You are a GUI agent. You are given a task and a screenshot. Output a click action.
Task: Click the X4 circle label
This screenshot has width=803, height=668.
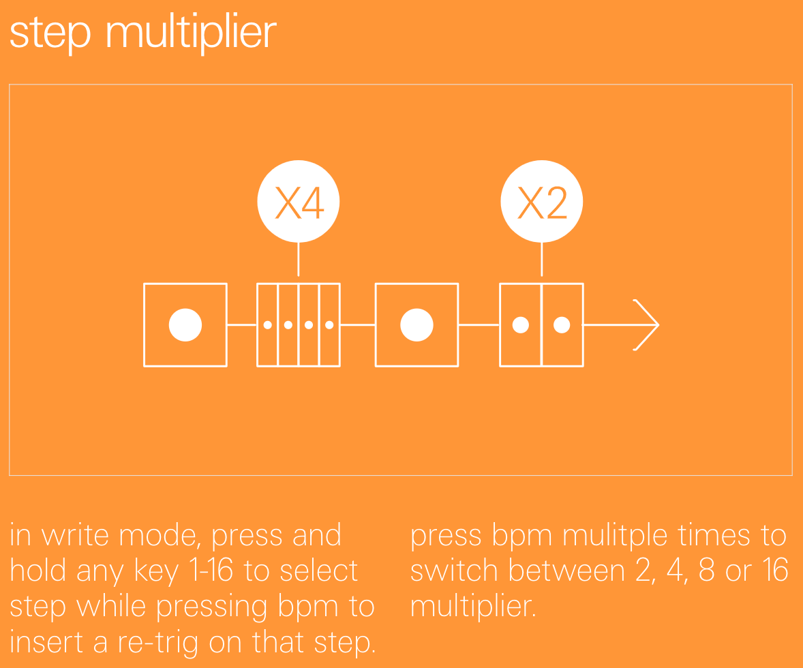click(299, 201)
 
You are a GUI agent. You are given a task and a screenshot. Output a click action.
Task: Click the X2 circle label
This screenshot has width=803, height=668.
click(542, 201)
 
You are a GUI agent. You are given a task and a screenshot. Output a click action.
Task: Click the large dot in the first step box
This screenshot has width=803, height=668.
click(185, 324)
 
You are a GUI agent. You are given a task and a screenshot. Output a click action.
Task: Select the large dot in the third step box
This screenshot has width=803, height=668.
click(417, 324)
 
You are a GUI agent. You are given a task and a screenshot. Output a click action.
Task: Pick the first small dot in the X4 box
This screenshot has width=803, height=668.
click(267, 324)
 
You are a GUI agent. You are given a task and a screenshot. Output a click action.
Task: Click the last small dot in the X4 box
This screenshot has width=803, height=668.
click(329, 324)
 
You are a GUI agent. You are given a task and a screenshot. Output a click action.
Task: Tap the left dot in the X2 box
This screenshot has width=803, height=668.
click(521, 324)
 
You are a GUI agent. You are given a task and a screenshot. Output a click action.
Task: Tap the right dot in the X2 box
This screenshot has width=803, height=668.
click(562, 324)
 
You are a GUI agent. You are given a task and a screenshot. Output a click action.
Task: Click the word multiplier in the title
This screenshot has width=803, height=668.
click(191, 33)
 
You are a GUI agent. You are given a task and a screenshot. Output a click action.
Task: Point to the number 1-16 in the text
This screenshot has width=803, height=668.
click(211, 570)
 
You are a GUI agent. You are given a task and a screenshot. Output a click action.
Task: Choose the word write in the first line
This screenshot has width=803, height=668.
click(75, 535)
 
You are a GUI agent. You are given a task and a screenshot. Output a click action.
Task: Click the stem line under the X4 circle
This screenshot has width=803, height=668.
click(299, 260)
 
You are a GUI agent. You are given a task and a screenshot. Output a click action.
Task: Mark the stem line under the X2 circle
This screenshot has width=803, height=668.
click(542, 260)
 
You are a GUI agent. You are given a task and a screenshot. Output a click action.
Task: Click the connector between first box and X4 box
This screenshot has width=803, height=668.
click(242, 324)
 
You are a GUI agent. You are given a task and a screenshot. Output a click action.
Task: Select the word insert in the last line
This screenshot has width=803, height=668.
click(46, 642)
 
